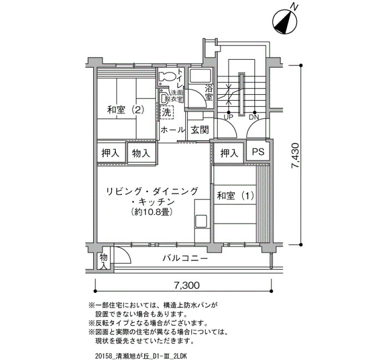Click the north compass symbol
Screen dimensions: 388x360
tap(284, 22)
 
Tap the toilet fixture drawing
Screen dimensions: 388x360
tap(166, 76)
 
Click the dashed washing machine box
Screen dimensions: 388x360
tap(167, 113)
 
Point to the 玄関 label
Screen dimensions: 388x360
tap(200, 130)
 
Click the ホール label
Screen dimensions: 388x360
tap(173, 130)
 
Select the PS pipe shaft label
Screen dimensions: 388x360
tap(258, 152)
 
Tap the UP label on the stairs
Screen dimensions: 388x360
tap(228, 117)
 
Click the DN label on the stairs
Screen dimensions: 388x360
tap(254, 117)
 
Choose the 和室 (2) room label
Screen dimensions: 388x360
tap(125, 110)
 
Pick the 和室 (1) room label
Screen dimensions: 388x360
tap(236, 196)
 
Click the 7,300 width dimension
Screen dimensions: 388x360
tap(187, 286)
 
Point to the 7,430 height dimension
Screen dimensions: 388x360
tap(296, 156)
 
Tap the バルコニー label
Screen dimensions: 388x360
tap(185, 259)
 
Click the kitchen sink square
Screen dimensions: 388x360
tap(201, 221)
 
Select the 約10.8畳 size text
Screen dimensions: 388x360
tap(152, 212)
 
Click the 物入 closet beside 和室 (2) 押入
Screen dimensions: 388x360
tap(141, 153)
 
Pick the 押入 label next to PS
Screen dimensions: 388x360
tap(229, 153)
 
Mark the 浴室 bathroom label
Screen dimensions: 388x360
tap(208, 92)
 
